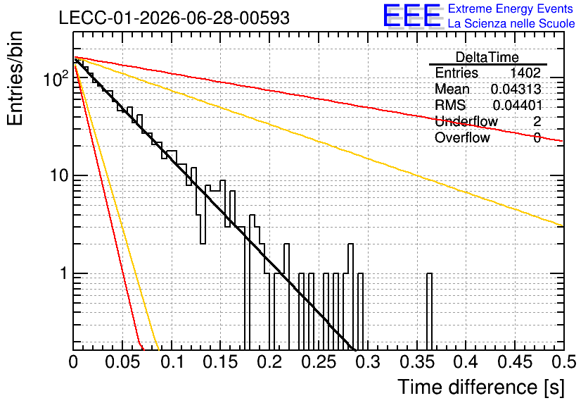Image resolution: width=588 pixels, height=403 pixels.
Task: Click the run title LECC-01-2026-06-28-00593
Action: tap(174, 18)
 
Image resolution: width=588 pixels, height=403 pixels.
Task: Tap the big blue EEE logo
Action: tap(411, 15)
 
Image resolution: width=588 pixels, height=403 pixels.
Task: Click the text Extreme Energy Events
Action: tap(511, 8)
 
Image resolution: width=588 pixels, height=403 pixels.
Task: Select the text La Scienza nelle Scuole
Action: tap(511, 23)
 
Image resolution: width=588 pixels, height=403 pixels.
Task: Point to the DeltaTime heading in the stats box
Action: tap(487, 57)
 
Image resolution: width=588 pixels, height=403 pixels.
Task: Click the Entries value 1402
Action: tap(525, 73)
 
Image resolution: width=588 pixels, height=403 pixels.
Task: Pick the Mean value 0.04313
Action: tap(516, 89)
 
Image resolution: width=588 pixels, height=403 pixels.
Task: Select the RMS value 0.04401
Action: tap(517, 105)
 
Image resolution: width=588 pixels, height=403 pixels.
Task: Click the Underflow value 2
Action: tap(537, 121)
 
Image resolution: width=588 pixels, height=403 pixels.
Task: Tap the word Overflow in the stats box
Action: tap(462, 137)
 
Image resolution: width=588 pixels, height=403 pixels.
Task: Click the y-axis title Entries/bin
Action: tap(15, 78)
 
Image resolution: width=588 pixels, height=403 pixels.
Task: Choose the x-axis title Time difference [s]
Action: tap(481, 387)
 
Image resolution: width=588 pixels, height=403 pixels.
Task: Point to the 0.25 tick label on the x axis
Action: tap(319, 362)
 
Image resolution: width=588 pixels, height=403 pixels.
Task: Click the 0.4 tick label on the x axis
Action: tap(466, 362)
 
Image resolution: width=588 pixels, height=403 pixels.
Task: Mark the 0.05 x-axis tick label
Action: tap(122, 362)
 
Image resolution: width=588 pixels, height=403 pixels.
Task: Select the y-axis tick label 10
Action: tap(59, 175)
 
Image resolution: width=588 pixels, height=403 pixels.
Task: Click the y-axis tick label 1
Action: tap(63, 273)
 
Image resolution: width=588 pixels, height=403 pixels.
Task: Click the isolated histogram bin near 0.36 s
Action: tap(429, 311)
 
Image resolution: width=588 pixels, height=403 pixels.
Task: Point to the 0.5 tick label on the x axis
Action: tap(564, 362)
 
